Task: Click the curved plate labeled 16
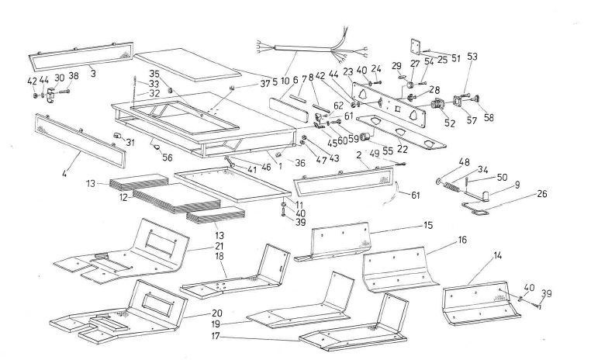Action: pyautogui.click(x=396, y=268)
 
